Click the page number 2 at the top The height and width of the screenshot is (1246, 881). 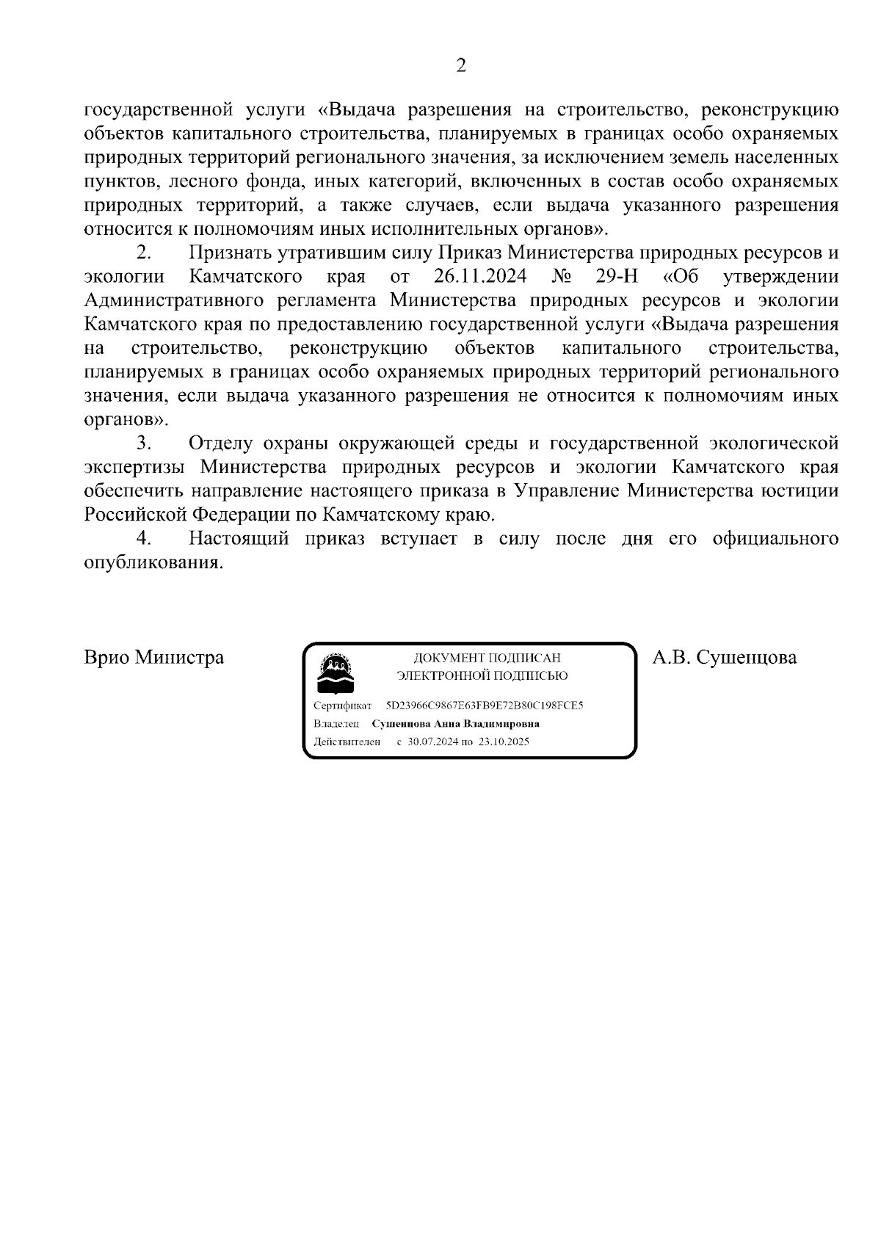(461, 66)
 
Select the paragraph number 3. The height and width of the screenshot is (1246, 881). (144, 443)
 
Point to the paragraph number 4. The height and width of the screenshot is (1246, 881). (144, 539)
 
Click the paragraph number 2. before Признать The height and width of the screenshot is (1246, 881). (144, 253)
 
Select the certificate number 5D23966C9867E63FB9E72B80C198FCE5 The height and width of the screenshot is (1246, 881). (484, 706)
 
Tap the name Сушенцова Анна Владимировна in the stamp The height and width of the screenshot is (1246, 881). (456, 724)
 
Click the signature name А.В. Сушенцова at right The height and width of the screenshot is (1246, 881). (725, 657)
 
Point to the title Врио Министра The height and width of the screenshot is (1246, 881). (154, 657)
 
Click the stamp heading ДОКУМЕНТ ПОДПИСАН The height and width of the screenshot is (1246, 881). (487, 659)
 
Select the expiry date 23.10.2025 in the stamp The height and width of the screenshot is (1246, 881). (504, 742)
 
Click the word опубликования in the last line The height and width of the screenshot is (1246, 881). (153, 563)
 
